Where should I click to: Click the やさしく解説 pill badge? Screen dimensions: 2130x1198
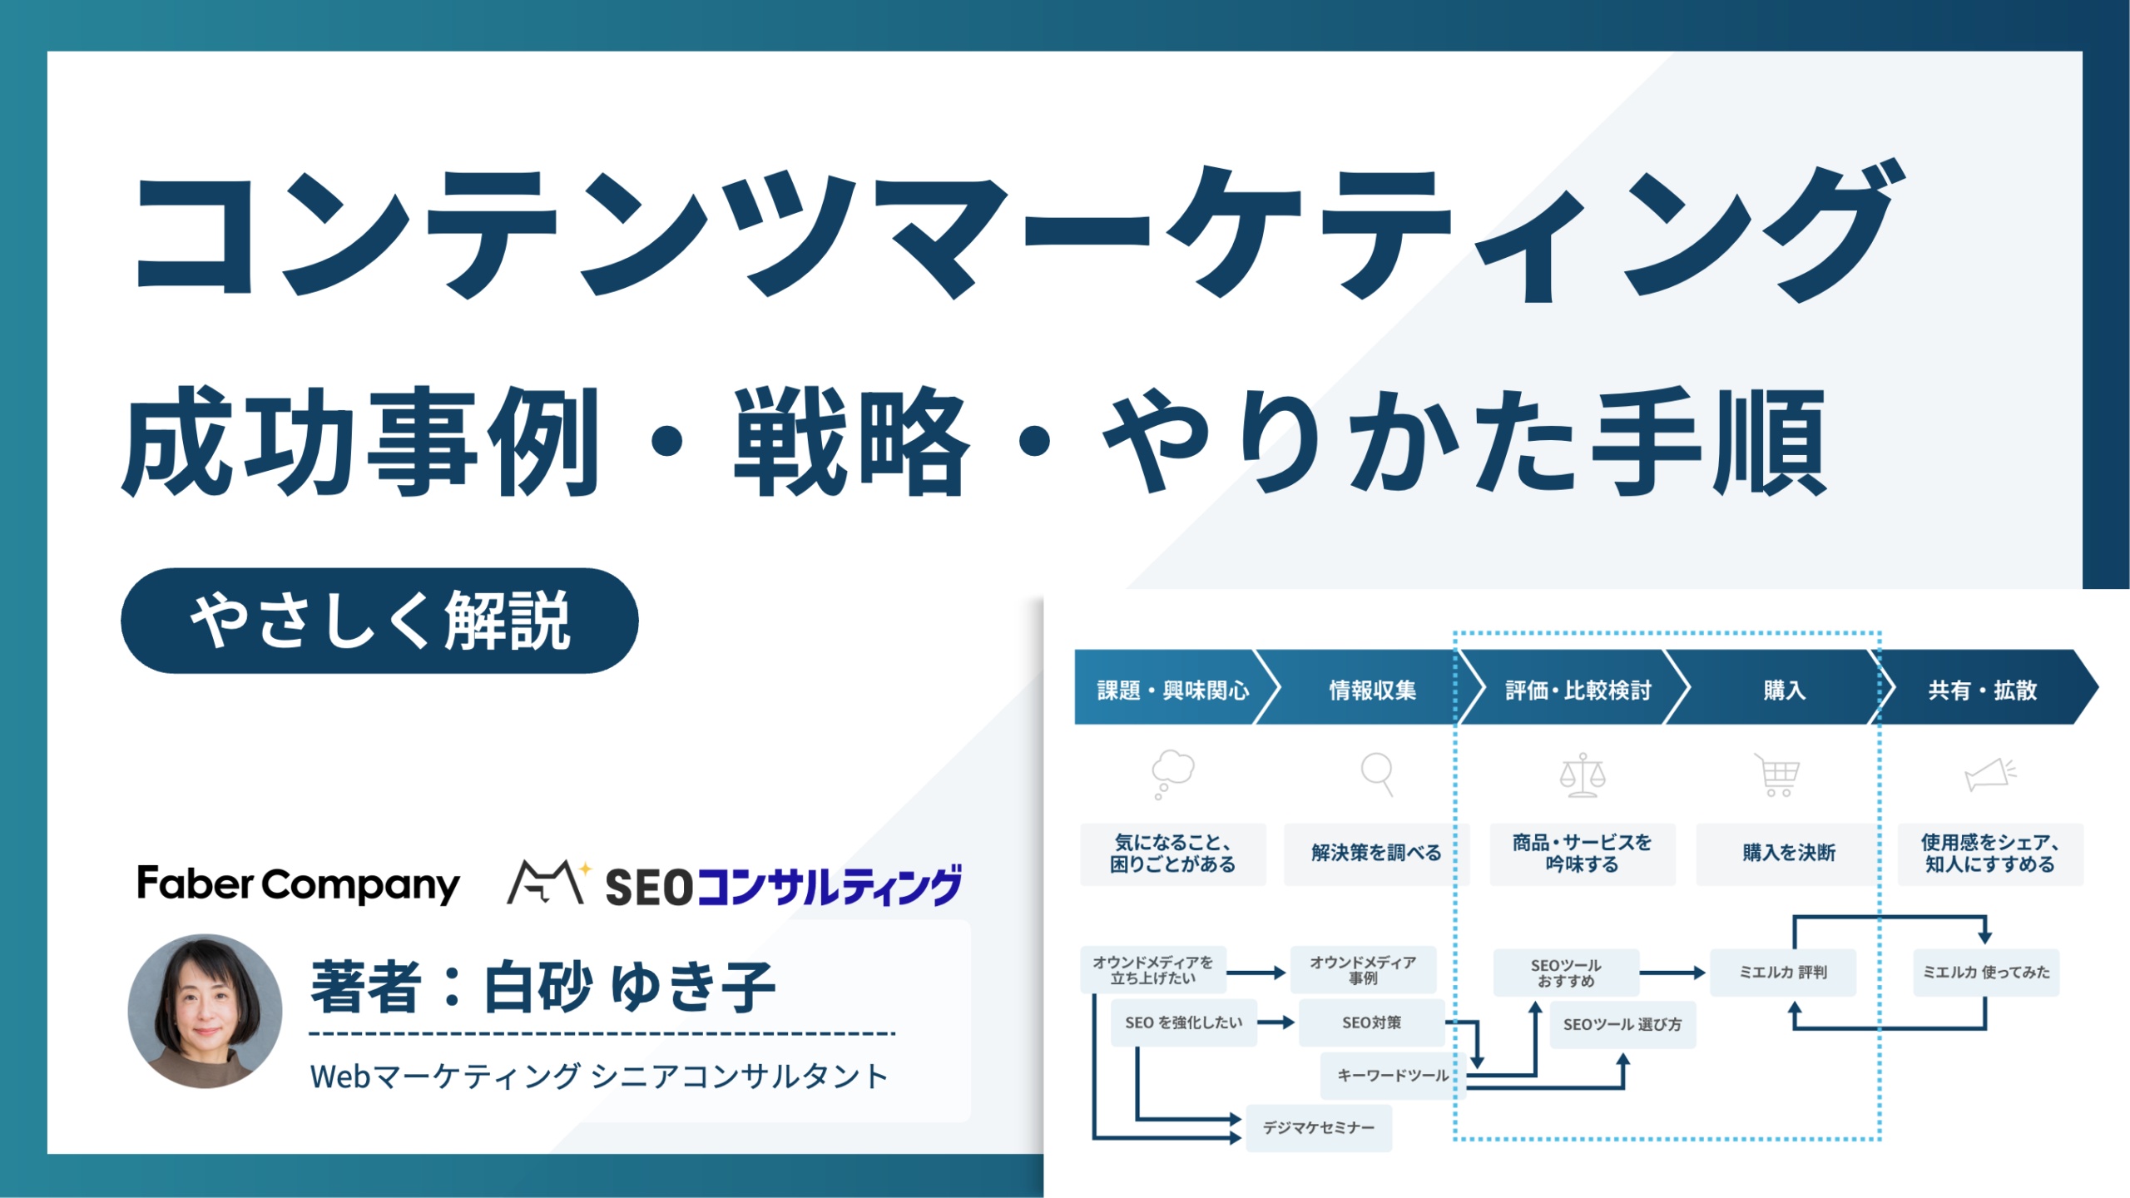[379, 621]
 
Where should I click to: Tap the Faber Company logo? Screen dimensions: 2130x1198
[298, 884]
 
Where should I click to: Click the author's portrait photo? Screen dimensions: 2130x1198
[205, 1011]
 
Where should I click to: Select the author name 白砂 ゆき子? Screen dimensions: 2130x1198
[630, 987]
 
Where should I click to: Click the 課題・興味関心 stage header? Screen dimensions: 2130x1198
[1173, 689]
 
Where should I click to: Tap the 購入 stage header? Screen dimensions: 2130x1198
[1784, 689]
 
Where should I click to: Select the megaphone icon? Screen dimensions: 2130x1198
[1990, 775]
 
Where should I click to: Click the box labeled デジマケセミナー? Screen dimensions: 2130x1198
[1319, 1128]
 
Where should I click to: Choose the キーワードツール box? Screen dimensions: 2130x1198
[1393, 1076]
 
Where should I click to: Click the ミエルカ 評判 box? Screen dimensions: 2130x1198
[1783, 973]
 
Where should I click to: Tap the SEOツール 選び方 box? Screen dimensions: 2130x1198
[1622, 1025]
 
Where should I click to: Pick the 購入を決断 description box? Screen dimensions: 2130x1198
[1789, 854]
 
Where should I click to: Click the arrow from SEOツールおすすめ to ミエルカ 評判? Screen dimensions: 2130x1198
[1673, 973]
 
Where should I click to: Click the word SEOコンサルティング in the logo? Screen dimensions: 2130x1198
[783, 886]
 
